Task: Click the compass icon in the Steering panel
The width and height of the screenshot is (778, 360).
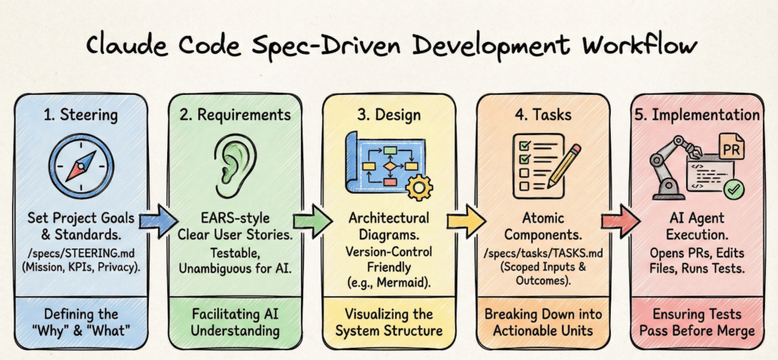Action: pos(81,166)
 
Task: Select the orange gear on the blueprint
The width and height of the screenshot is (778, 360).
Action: pos(419,187)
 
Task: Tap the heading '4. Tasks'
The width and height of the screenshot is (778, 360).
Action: pos(543,115)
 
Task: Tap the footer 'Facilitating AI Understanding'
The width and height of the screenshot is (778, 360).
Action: pos(235,323)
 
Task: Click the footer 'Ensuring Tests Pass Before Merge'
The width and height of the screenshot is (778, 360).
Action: pos(697,323)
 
